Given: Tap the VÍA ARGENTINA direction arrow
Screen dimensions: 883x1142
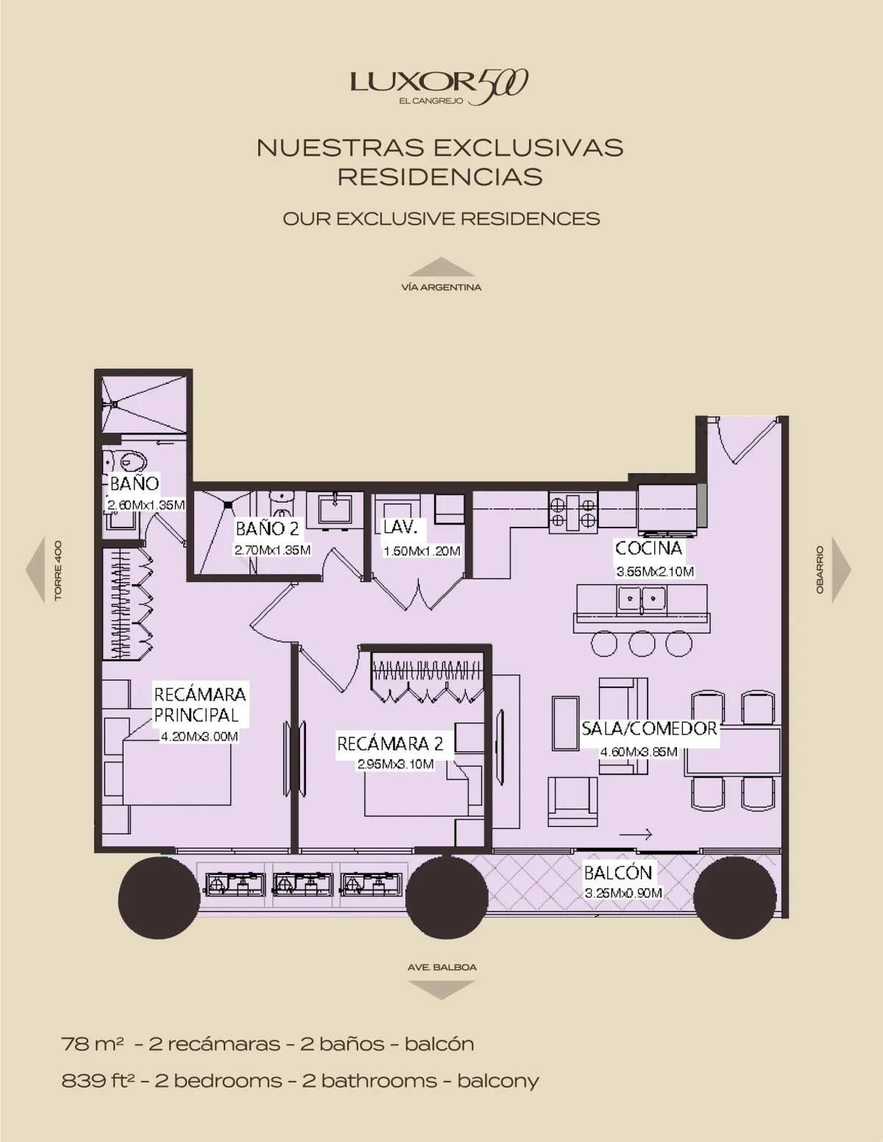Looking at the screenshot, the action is click(x=441, y=267).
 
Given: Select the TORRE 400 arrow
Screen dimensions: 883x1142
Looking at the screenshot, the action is click(x=35, y=570).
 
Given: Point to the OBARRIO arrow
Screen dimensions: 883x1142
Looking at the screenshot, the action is click(x=842, y=570).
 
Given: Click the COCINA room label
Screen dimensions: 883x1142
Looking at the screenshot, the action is click(x=649, y=548).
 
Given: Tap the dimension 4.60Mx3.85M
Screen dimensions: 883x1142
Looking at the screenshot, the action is click(x=639, y=751).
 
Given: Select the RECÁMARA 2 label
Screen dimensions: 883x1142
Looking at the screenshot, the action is click(x=390, y=744).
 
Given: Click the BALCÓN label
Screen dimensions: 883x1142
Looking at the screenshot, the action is click(x=618, y=873).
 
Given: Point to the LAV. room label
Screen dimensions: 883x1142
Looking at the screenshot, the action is click(x=400, y=527).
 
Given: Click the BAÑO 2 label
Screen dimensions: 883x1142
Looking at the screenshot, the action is click(x=267, y=528).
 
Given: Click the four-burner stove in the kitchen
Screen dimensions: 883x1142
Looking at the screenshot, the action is click(x=573, y=512).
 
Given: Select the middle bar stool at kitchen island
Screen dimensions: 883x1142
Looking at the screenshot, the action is click(x=642, y=643).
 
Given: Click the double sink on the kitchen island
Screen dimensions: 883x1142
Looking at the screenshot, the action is click(x=642, y=598).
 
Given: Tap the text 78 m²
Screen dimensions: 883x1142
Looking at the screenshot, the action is click(x=93, y=1043).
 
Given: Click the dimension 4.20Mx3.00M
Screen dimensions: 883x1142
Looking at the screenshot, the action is click(x=199, y=737).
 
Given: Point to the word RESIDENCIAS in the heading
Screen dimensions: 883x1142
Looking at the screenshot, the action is click(x=440, y=177).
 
